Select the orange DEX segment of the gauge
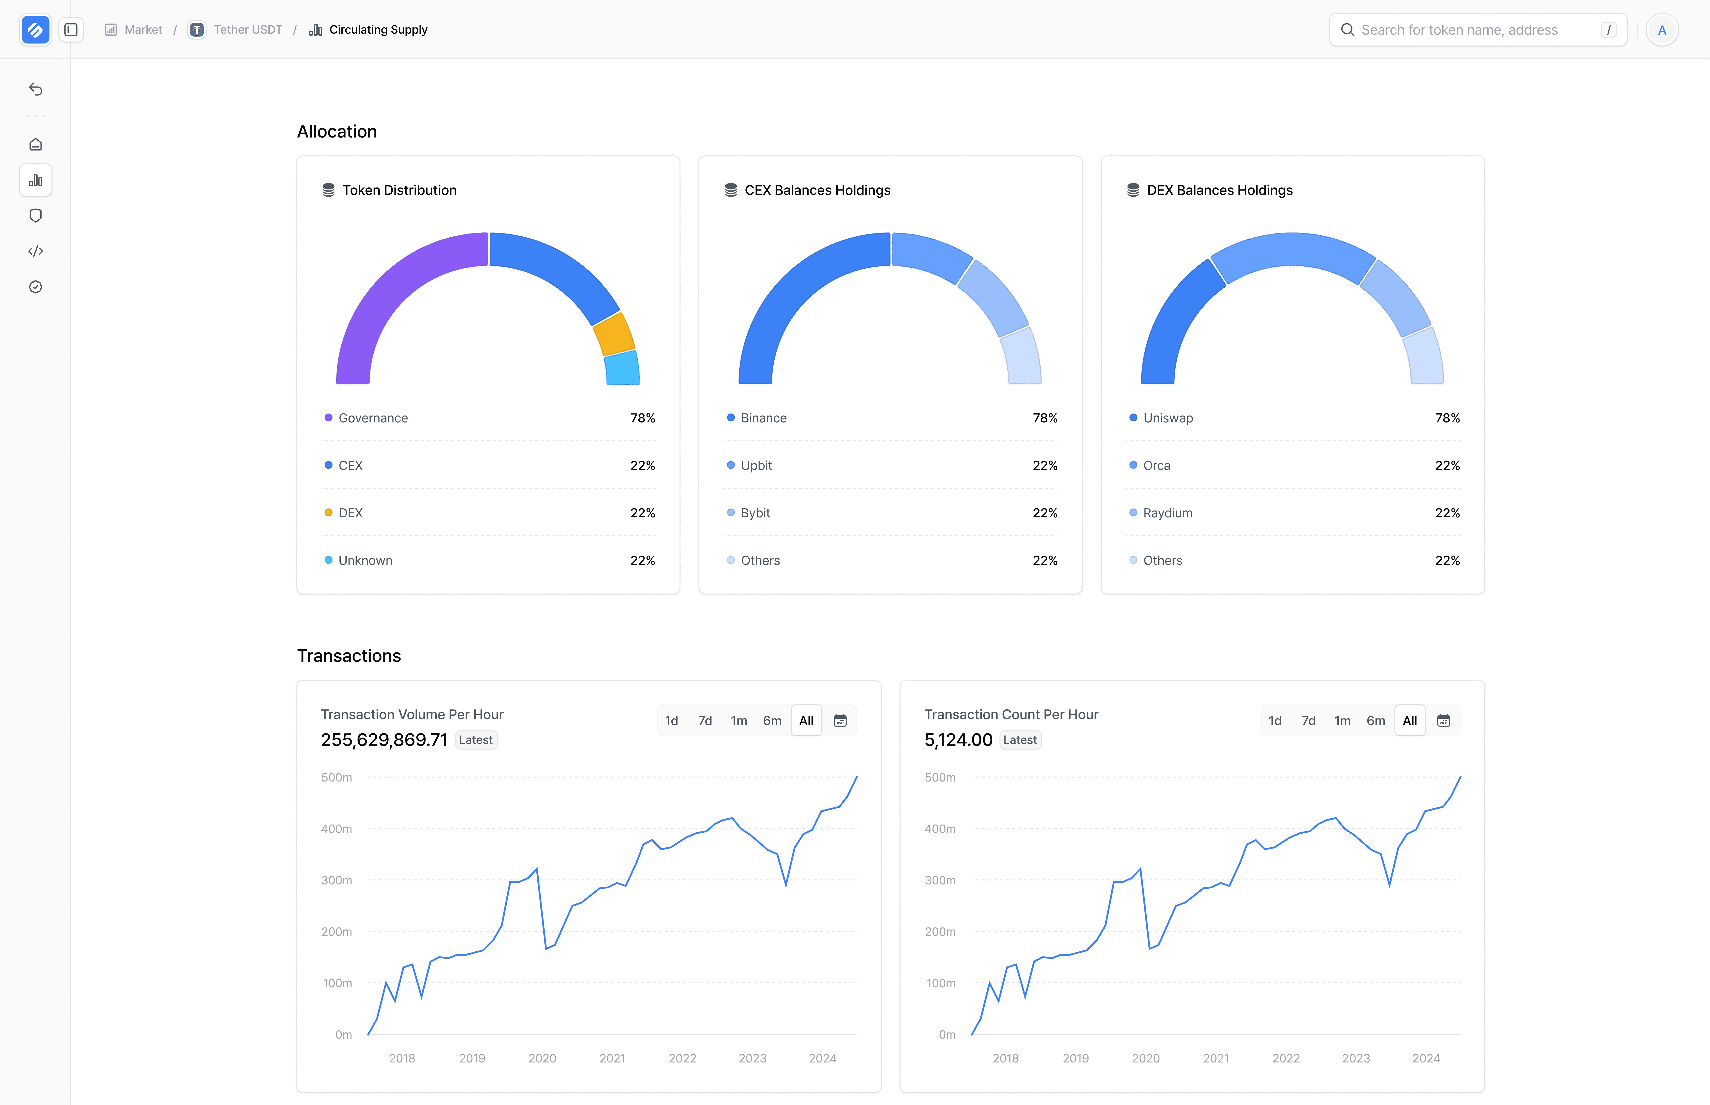coord(614,334)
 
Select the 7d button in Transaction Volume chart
coord(705,720)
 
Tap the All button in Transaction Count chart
coord(1409,720)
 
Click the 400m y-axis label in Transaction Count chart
coord(940,829)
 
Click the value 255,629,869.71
coord(384,740)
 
